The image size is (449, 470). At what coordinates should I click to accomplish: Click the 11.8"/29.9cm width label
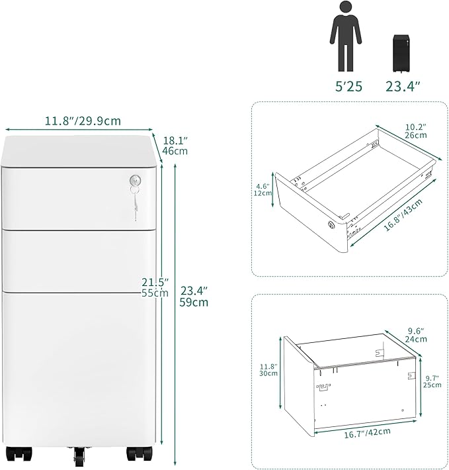coord(82,121)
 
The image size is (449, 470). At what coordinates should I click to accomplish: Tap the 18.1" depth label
coord(175,140)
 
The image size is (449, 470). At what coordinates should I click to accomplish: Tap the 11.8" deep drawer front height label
coord(267,369)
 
